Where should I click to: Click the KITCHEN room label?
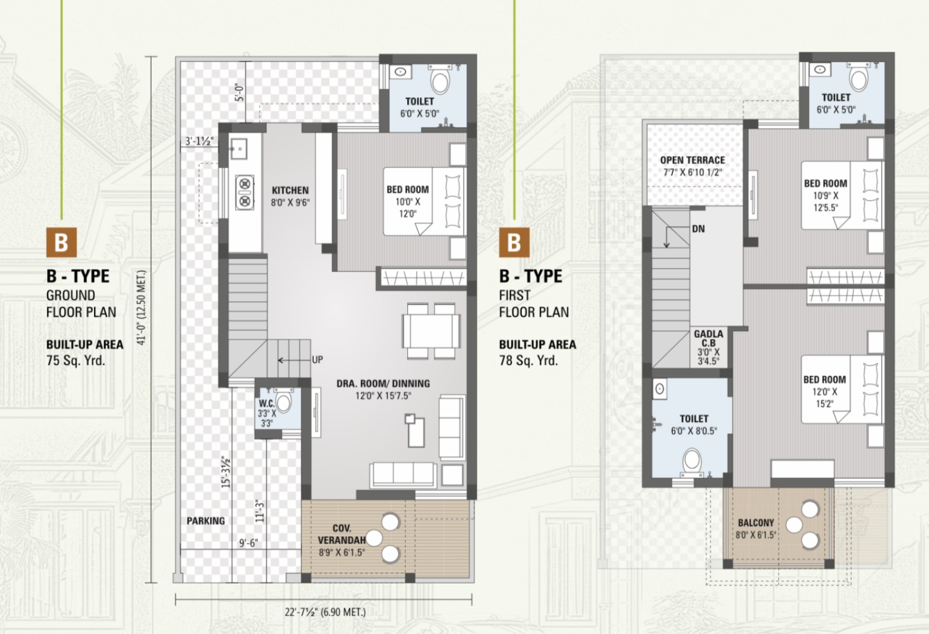coord(290,190)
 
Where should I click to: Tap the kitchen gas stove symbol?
coord(245,192)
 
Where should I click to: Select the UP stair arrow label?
coord(317,359)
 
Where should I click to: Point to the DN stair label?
coord(698,229)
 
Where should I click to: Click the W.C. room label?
coord(266,403)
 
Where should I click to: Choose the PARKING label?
coord(206,521)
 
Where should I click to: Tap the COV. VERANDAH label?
coord(342,534)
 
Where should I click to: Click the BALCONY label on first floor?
coord(756,523)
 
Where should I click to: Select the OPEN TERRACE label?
coord(693,160)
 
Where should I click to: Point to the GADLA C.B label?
coord(708,338)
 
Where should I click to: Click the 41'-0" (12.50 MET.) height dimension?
coord(142,307)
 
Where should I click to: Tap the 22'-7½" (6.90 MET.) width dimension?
coord(325,612)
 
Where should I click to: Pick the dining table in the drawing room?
coord(431,331)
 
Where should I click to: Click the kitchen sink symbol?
coord(239,149)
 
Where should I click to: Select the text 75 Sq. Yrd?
coord(76,361)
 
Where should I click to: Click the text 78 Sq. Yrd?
coord(528,361)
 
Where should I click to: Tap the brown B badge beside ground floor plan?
coord(61,242)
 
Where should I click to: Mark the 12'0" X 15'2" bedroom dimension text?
coord(824,397)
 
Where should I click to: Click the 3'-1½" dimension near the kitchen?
coord(199,141)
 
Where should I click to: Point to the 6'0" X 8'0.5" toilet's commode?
coord(692,461)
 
